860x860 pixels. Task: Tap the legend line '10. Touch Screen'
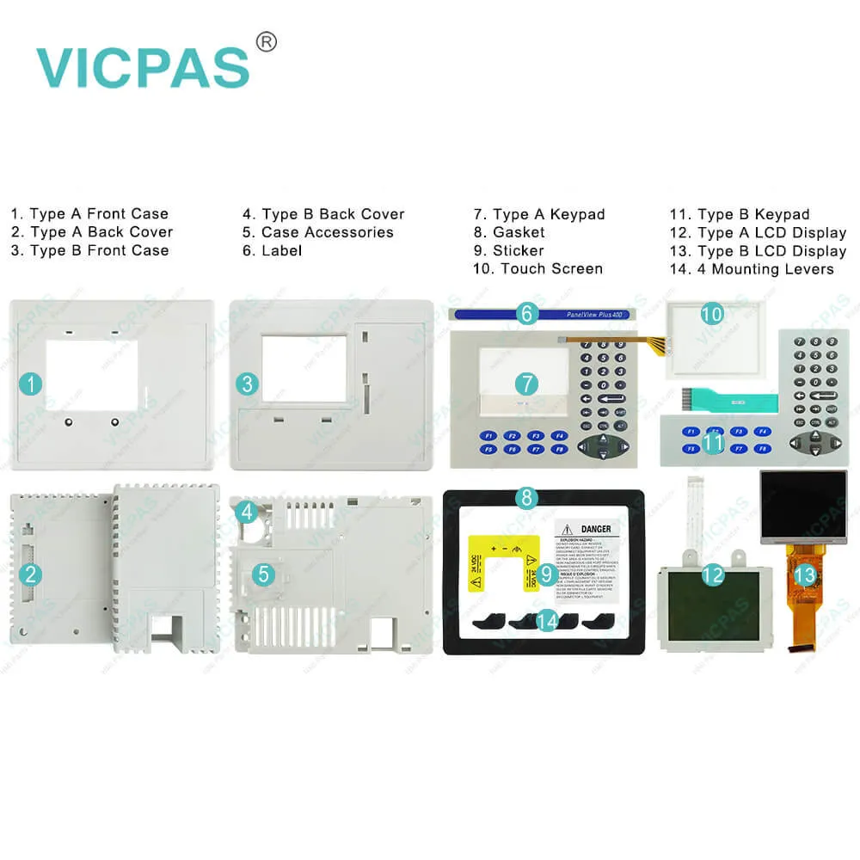tap(537, 269)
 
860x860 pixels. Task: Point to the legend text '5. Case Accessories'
tap(317, 232)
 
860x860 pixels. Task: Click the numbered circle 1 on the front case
tap(31, 384)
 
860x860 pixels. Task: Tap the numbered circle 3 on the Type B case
tap(249, 384)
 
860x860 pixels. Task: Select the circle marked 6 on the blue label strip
tap(527, 314)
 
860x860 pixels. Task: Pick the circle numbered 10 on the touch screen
tap(711, 315)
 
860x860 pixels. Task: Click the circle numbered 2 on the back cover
tap(30, 575)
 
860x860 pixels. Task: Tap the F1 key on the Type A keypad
tap(488, 435)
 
